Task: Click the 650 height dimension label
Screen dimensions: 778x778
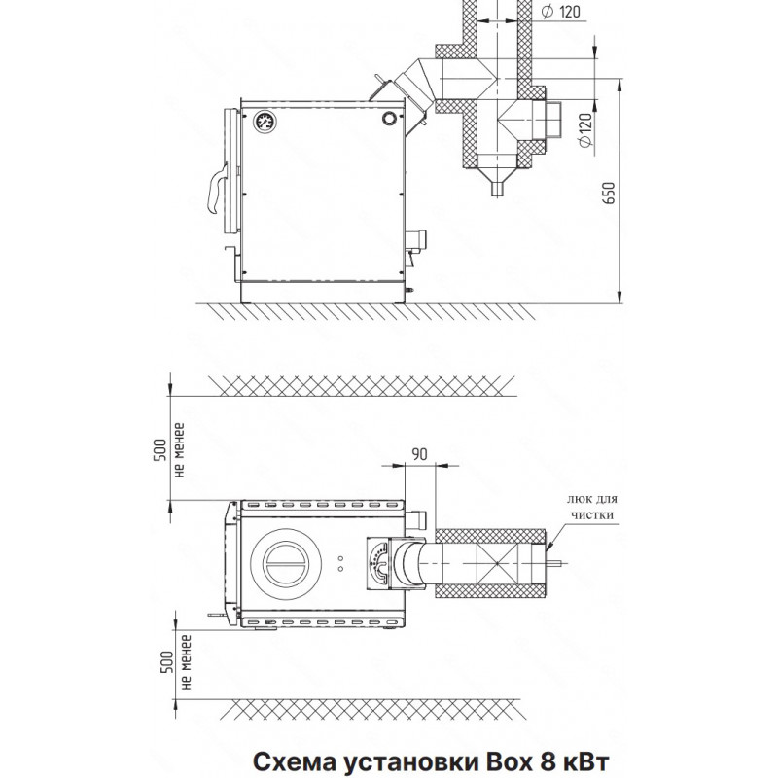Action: tap(610, 193)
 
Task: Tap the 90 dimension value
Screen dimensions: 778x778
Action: tap(419, 454)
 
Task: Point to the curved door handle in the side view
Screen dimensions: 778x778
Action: tap(217, 190)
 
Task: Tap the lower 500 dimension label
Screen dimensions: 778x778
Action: tap(167, 662)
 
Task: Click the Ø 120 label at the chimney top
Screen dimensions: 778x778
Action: tap(561, 12)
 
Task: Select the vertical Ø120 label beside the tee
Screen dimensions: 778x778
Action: tap(586, 129)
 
